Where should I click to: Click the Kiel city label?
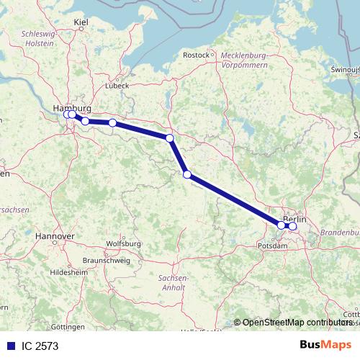click(x=81, y=24)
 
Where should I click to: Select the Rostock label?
click(x=196, y=55)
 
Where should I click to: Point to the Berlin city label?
click(x=295, y=219)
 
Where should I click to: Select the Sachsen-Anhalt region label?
click(x=172, y=282)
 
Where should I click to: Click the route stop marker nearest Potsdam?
click(x=281, y=225)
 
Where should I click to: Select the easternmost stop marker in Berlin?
click(x=292, y=226)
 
